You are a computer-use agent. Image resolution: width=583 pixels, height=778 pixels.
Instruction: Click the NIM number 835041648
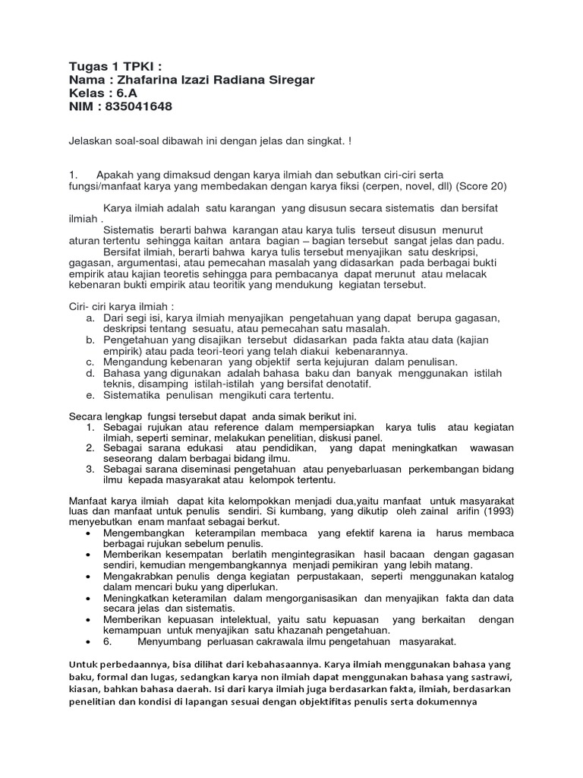click(137, 106)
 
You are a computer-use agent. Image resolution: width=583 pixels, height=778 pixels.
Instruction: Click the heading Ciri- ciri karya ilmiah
click(116, 305)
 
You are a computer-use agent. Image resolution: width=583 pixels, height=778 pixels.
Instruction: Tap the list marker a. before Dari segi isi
click(90, 317)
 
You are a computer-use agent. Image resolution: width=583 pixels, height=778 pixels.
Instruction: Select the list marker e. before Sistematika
click(90, 395)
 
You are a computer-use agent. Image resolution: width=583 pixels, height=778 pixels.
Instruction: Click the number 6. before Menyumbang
click(107, 641)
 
